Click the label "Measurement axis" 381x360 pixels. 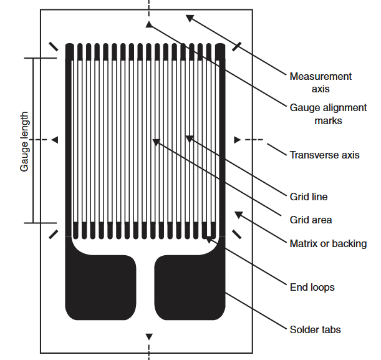(321, 82)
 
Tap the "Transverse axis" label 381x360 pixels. (324, 155)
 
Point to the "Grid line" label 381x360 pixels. (309, 197)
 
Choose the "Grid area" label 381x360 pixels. (311, 220)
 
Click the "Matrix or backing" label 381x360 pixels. (328, 243)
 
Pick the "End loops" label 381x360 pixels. (312, 287)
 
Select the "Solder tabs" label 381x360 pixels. (315, 329)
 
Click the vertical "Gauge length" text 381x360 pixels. (25, 142)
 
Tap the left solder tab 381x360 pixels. (100, 287)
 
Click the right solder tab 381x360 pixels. (189, 287)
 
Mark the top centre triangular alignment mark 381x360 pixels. (148, 24)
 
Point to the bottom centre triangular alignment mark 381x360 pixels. (148, 337)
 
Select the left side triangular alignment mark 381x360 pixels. (55, 140)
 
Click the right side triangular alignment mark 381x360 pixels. (236, 140)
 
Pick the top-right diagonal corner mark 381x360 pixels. (238, 46)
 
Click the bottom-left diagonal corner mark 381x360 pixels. (53, 234)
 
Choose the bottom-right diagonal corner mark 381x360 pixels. (238, 234)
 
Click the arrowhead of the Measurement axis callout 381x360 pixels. (189, 17)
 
